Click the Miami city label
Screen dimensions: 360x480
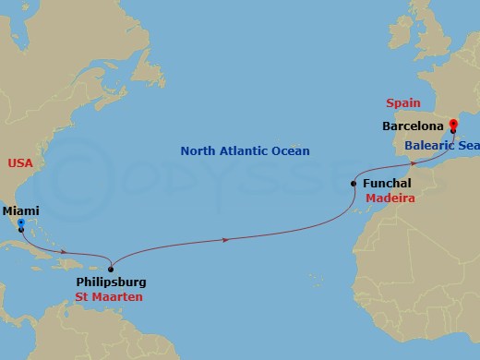click(x=20, y=210)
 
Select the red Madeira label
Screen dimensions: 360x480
click(x=390, y=198)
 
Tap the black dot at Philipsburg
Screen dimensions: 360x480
click(x=111, y=269)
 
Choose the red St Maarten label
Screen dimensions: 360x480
click(x=109, y=297)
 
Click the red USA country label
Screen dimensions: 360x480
click(x=20, y=163)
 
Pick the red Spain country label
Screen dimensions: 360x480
click(x=402, y=103)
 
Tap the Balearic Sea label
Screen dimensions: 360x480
click(x=441, y=145)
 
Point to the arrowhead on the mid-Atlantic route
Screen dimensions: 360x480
click(x=227, y=240)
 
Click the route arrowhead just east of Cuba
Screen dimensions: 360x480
click(x=63, y=251)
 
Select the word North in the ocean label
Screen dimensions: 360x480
click(x=198, y=151)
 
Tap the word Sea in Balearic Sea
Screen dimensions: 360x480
click(x=467, y=145)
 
